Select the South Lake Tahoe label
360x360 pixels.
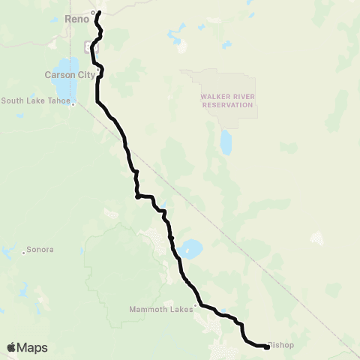coord(35,100)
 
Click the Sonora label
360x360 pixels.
coord(40,248)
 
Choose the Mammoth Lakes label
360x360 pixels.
coord(158,308)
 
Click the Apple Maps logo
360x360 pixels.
coord(27,347)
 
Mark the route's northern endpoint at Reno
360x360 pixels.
coord(98,13)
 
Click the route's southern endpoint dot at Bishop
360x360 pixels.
coord(267,346)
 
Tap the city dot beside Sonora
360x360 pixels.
coord(24,253)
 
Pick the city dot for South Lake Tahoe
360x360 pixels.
coord(73,104)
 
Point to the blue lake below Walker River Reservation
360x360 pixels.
coord(226,141)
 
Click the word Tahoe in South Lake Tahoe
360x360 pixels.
coord(57,100)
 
